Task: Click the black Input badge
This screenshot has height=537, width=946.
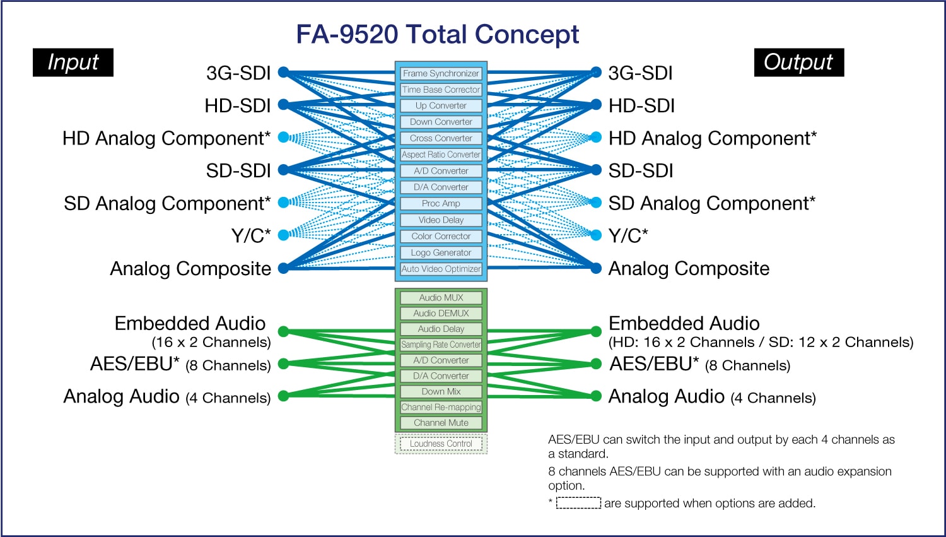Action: (x=73, y=62)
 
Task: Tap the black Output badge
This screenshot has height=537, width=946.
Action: (x=798, y=62)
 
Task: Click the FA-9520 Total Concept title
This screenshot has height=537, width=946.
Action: (x=437, y=34)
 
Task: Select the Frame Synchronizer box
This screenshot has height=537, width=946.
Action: (x=441, y=73)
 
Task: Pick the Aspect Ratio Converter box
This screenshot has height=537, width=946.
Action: (x=441, y=155)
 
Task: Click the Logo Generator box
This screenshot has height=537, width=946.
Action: (x=441, y=252)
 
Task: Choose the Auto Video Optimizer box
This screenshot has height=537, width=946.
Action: (x=441, y=269)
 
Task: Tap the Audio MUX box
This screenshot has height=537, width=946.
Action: (x=441, y=298)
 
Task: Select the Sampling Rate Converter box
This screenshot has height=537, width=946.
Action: (x=441, y=345)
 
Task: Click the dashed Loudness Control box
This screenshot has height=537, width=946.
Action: (x=441, y=444)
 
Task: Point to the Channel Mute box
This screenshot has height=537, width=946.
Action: (x=441, y=423)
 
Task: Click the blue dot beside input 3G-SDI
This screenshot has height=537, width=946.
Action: (x=283, y=72)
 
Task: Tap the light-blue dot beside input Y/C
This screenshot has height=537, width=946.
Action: (x=283, y=235)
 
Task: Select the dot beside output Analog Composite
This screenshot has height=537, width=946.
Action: (x=596, y=268)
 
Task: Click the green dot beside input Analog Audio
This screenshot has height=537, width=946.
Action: (x=283, y=396)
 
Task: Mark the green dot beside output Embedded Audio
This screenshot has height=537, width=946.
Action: (x=596, y=331)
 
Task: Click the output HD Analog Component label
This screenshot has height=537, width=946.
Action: (x=712, y=138)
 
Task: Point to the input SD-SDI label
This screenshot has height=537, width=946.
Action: (x=238, y=170)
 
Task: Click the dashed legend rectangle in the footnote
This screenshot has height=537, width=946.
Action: (x=578, y=503)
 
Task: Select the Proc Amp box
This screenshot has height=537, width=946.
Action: (x=441, y=203)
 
